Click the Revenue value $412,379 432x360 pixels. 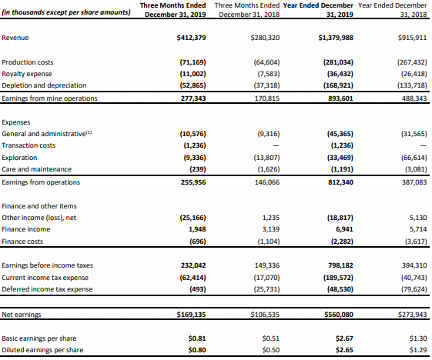[191, 38]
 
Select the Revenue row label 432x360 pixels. [15, 38]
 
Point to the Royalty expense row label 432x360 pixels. [27, 74]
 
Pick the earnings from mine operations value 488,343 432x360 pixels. [414, 98]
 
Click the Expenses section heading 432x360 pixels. [16, 122]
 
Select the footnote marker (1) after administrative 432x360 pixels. [89, 132]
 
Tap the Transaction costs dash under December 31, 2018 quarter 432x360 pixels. [276, 145]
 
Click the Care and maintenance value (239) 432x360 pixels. [198, 169]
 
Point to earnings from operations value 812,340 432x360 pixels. [340, 182]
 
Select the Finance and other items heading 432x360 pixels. [39, 206]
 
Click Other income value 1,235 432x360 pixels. [271, 218]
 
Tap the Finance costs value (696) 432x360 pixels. [198, 242]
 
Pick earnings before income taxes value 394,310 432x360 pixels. [414, 265]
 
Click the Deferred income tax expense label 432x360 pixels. [47, 289]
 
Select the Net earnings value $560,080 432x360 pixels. [339, 315]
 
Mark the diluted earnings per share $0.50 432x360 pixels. [271, 350]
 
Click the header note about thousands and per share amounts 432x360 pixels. [66, 12]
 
